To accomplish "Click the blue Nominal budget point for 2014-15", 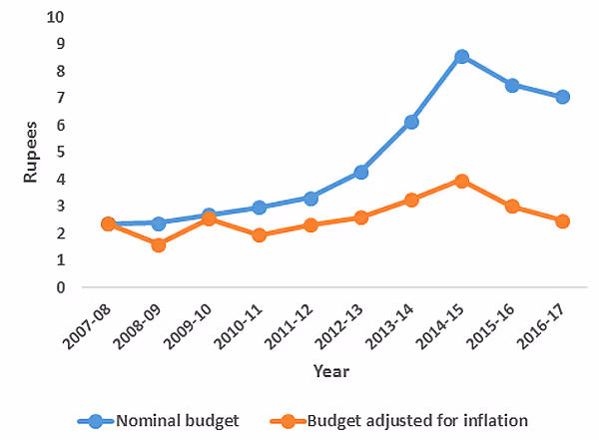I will tap(461, 57).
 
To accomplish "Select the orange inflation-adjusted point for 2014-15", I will tap(461, 181).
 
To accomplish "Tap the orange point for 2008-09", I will tap(158, 244).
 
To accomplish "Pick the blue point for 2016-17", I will tap(562, 97).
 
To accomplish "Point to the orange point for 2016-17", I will tap(562, 221).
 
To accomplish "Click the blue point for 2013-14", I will tap(411, 122).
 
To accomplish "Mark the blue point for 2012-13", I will tap(360, 172).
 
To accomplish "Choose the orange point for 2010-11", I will tap(260, 235).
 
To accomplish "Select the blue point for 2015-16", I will tap(512, 85).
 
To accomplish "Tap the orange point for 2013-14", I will tap(411, 200).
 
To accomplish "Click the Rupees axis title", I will tap(31, 153).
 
